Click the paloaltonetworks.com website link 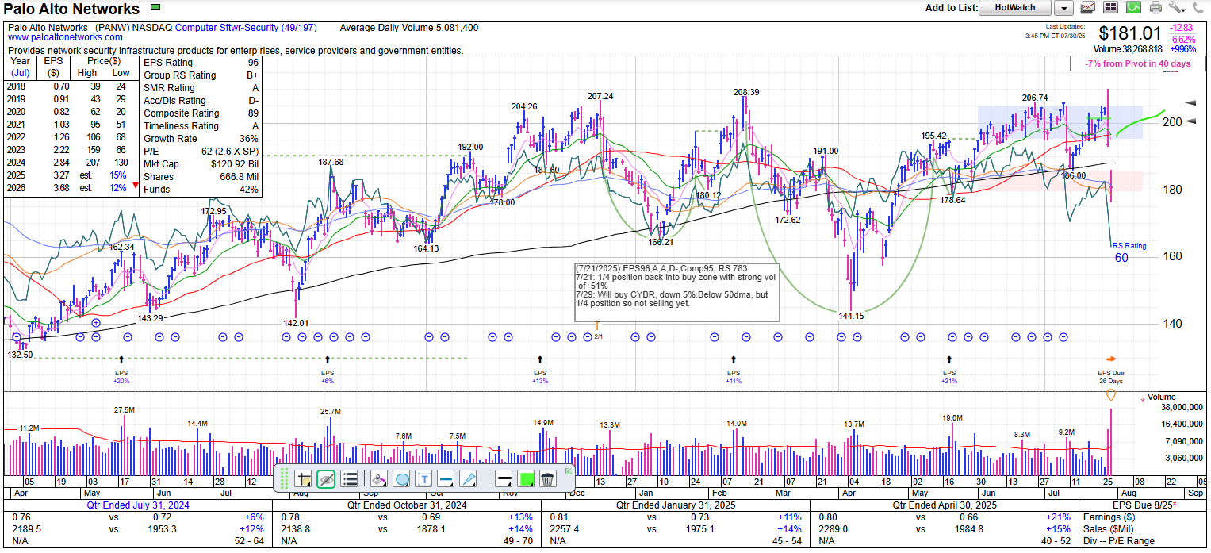tap(65, 37)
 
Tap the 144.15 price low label tap(851, 316)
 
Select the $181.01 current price tap(1130, 34)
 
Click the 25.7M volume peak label tap(330, 412)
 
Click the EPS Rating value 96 tap(252, 63)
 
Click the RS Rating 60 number tap(1121, 258)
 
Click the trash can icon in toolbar tap(546, 478)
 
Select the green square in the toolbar tap(524, 478)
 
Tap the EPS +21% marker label tap(949, 381)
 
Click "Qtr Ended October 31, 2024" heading tap(407, 505)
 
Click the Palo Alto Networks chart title tap(72, 10)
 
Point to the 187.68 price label tap(331, 162)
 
